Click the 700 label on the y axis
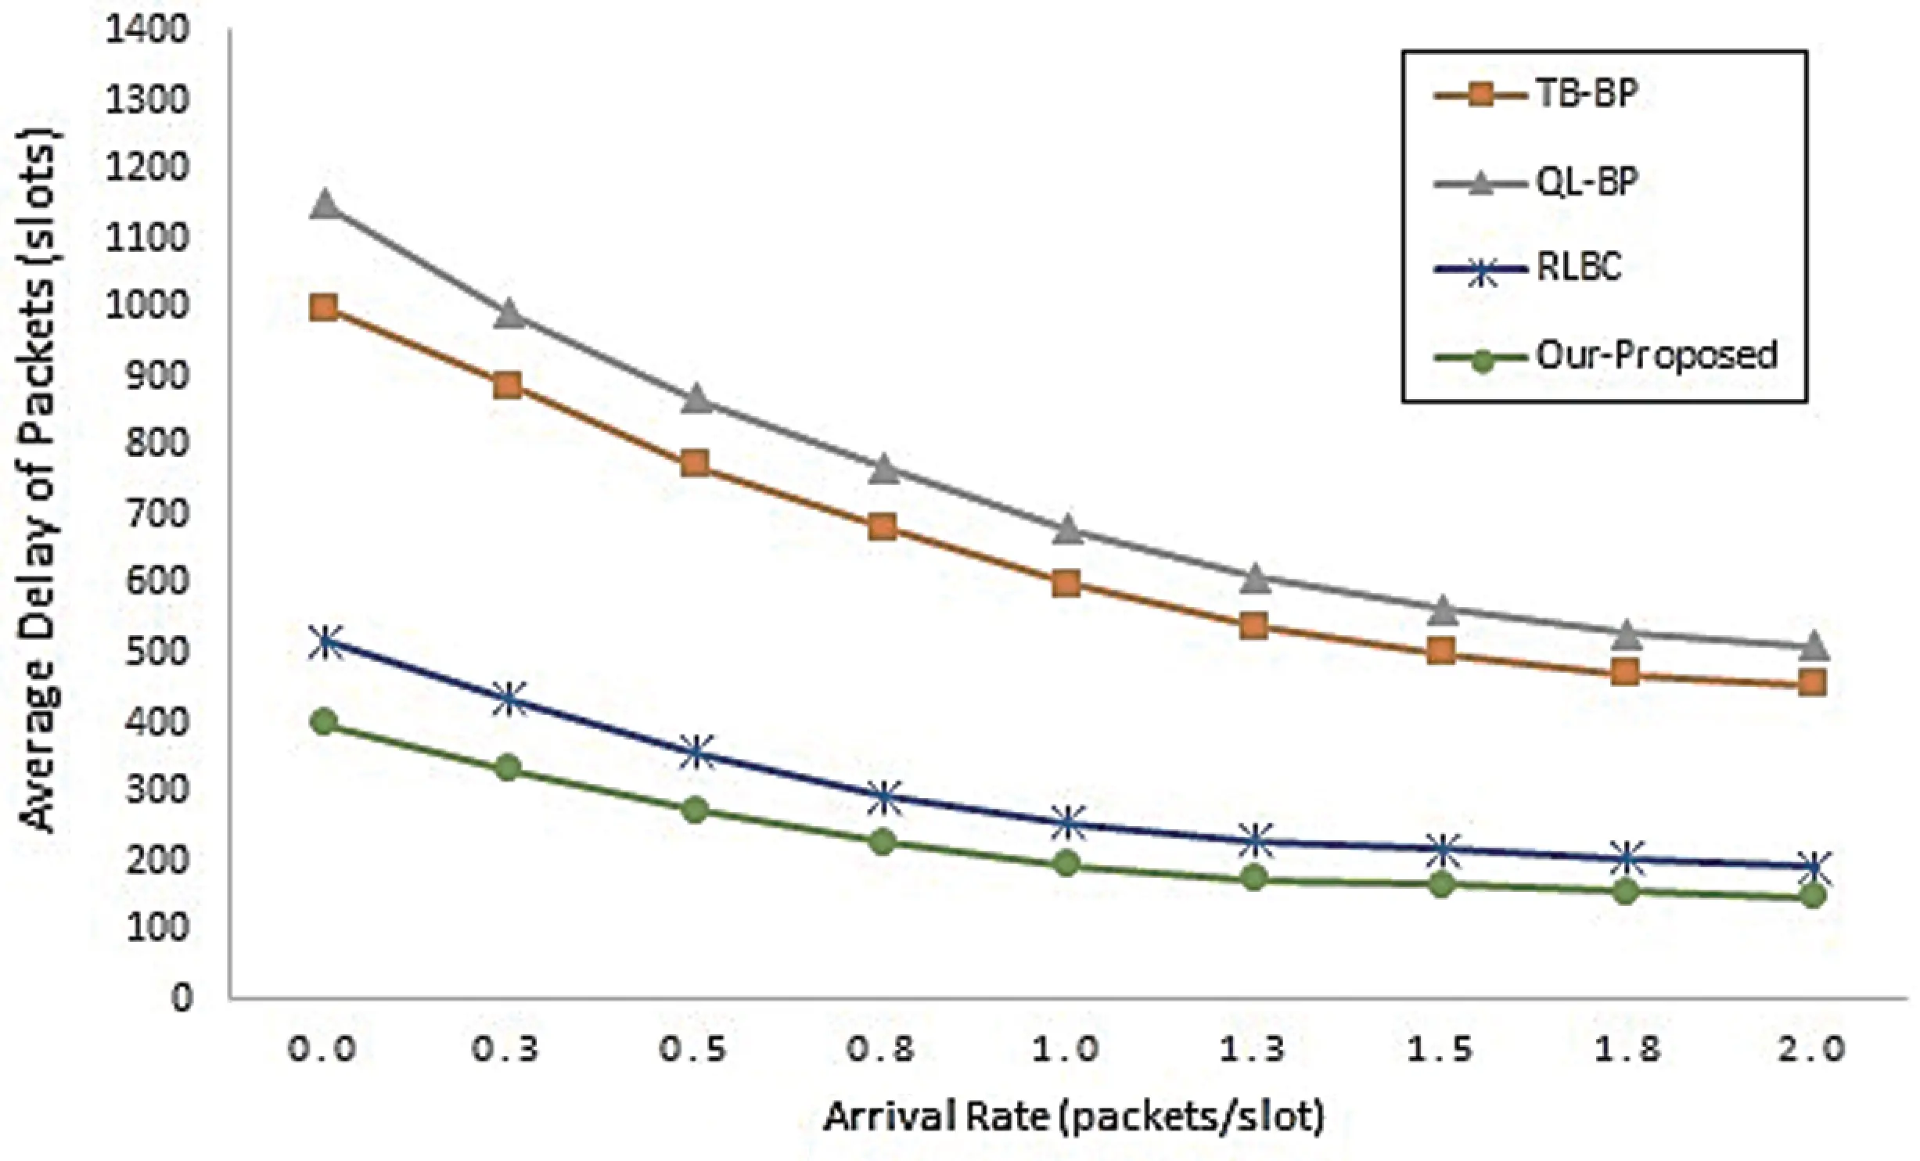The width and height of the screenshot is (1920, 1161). coord(160,514)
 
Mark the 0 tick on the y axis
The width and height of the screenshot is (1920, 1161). coord(182,997)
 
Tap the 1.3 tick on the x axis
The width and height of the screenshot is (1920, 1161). coord(1254,1048)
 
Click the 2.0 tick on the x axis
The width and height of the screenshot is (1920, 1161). coord(1813,1048)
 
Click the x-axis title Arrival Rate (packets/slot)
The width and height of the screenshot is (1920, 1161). coord(1073,1117)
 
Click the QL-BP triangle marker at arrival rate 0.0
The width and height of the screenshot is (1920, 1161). coord(324,206)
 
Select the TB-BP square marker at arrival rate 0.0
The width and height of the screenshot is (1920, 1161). coord(324,307)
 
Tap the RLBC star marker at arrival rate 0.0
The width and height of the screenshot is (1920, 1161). coord(324,643)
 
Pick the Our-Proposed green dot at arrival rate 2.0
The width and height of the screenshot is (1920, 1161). coord(1813,895)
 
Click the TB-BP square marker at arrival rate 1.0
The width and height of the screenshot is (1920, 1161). coord(1067,583)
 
